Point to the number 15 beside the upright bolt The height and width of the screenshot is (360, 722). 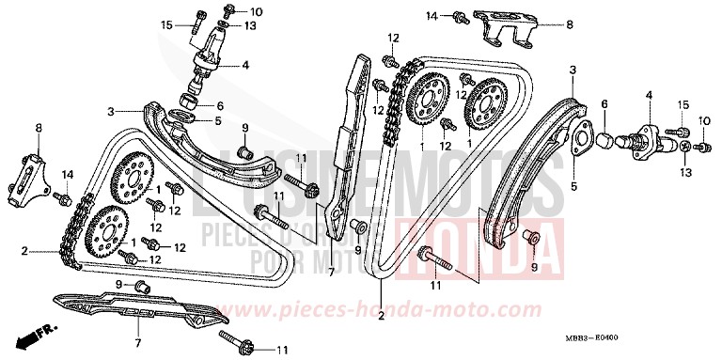tap(166, 24)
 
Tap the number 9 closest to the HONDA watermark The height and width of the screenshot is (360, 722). tap(535, 267)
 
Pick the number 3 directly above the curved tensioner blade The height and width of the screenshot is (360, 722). tap(571, 70)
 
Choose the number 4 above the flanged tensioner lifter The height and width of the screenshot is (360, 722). tap(648, 95)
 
